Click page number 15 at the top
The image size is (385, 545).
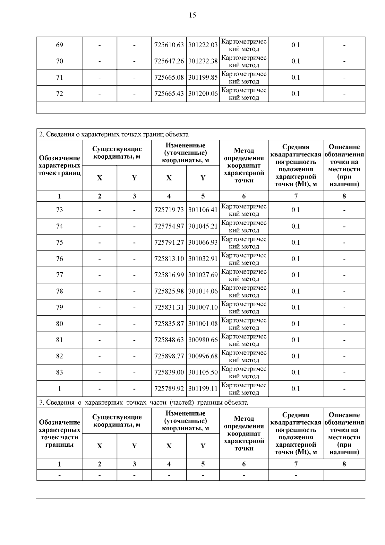pyautogui.click(x=192, y=15)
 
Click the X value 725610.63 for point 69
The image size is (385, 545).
pyautogui.click(x=169, y=45)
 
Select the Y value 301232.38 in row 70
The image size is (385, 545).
pyautogui.click(x=203, y=61)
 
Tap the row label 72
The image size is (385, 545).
pyautogui.click(x=59, y=94)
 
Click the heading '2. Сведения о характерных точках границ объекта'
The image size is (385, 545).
pyautogui.click(x=114, y=134)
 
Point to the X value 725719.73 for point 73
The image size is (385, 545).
pyautogui.click(x=169, y=210)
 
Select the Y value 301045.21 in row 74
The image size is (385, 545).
pyautogui.click(x=203, y=226)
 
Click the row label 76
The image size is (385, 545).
pyautogui.click(x=59, y=259)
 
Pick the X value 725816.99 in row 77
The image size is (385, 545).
pyautogui.click(x=169, y=275)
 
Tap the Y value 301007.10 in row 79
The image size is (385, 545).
pyautogui.click(x=203, y=307)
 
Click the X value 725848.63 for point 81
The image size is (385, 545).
pyautogui.click(x=169, y=340)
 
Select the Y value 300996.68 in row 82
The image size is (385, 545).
pyautogui.click(x=203, y=356)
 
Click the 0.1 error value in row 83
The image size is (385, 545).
pyautogui.click(x=295, y=372)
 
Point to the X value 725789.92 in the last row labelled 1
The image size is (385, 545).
pyautogui.click(x=169, y=389)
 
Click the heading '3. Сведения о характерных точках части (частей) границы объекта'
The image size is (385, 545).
pyautogui.click(x=143, y=402)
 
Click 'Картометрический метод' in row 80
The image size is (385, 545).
pyautogui.click(x=244, y=324)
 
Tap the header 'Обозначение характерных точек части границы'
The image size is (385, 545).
pyautogui.click(x=59, y=433)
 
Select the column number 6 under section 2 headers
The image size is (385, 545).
pyautogui.click(x=244, y=196)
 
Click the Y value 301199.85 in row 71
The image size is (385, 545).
pyautogui.click(x=203, y=77)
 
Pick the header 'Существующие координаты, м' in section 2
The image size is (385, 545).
pyautogui.click(x=117, y=153)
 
